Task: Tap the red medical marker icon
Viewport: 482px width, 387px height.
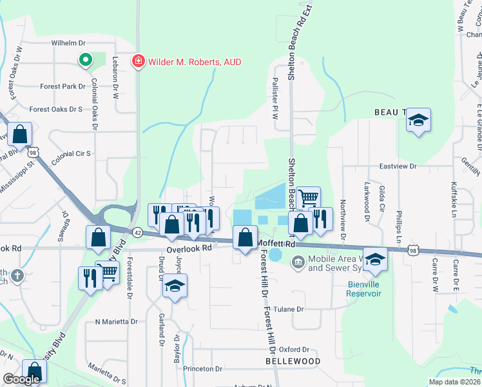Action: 137,62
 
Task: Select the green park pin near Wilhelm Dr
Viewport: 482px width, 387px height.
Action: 85,61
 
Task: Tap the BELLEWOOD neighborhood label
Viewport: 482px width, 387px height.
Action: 293,361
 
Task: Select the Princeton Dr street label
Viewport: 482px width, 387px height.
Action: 202,369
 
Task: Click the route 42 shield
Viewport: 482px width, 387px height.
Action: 138,232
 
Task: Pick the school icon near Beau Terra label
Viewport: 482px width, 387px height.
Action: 418,120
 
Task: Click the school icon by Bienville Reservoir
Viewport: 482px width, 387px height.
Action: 374,259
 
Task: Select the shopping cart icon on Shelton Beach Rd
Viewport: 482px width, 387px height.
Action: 309,198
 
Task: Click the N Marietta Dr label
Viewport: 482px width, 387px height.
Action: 116,321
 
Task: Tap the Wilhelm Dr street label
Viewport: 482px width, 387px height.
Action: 68,43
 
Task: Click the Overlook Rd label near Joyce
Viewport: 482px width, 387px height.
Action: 189,248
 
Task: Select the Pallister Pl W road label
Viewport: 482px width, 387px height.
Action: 275,95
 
